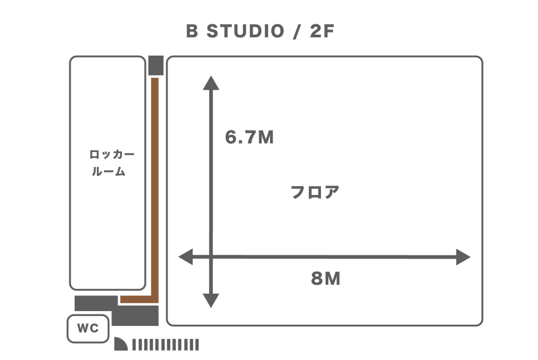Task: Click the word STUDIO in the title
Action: [245, 32]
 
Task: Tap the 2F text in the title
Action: [322, 32]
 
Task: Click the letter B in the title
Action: [192, 32]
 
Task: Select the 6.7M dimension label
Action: [250, 138]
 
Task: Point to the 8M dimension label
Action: [326, 279]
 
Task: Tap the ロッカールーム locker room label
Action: [110, 163]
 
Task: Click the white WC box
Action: [88, 328]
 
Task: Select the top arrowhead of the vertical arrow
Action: [211, 83]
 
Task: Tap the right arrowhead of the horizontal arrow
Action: [463, 257]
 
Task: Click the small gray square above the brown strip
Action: [156, 65]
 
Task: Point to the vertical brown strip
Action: [155, 184]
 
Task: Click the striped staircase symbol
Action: [165, 345]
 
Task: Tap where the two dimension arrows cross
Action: [211, 257]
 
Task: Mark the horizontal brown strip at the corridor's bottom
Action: [138, 300]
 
